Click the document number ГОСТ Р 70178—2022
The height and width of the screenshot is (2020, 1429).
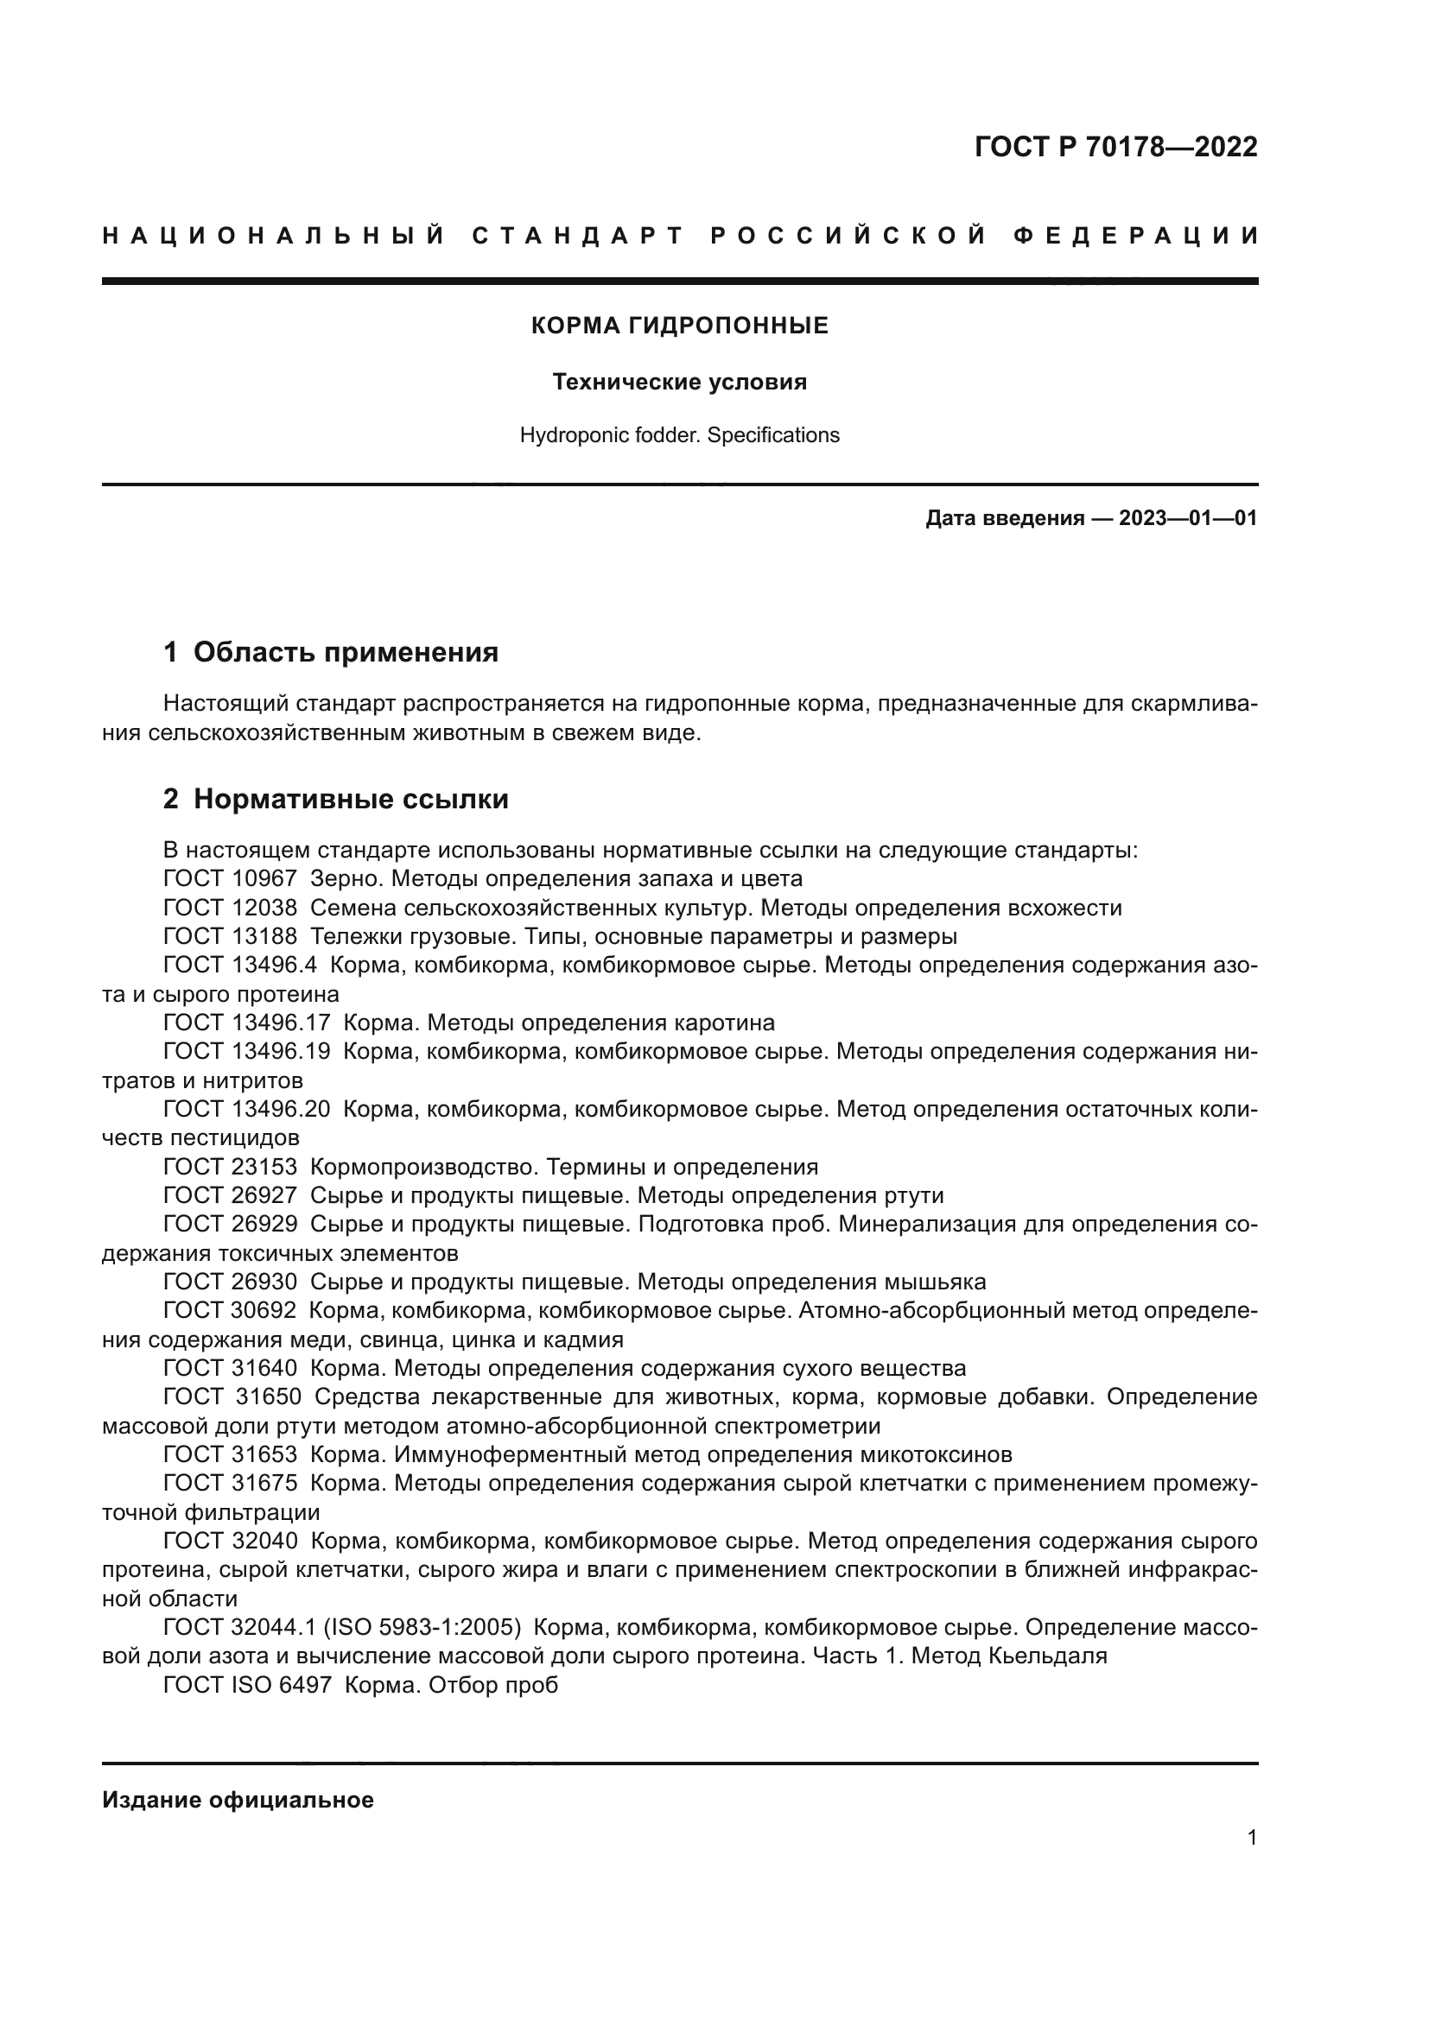click(1115, 147)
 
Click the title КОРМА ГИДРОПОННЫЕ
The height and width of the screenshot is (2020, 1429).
click(679, 326)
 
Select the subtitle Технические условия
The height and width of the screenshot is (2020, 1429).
click(679, 382)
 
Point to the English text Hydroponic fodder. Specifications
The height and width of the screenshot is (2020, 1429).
click(679, 435)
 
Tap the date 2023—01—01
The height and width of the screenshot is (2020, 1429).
click(1188, 518)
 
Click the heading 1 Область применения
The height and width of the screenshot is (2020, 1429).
click(331, 653)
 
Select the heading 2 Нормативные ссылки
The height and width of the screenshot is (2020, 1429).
click(336, 800)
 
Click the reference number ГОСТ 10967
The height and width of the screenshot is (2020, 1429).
click(231, 879)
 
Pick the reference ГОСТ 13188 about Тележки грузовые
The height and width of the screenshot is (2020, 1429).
click(231, 936)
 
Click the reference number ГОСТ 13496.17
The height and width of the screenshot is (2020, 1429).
click(247, 1023)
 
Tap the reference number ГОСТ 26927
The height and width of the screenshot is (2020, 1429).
click(231, 1195)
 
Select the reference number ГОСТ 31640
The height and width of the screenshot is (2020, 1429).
click(231, 1368)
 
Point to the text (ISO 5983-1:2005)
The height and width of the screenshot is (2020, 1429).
click(422, 1628)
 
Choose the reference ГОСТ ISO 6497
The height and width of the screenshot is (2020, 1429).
click(247, 1686)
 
